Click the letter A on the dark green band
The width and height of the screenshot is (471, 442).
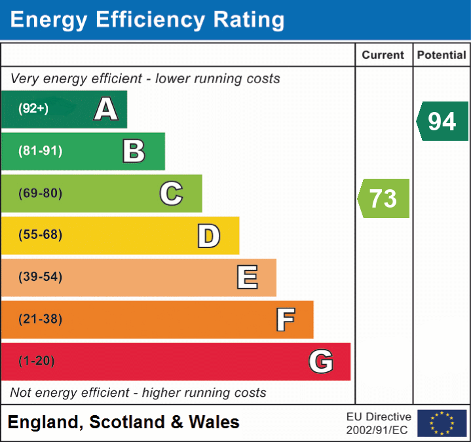tap(106, 109)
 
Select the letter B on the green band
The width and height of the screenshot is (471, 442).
tap(134, 151)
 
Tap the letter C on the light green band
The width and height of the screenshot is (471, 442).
tap(171, 193)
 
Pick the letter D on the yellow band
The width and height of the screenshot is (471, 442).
tap(208, 236)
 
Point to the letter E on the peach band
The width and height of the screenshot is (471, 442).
tap(246, 277)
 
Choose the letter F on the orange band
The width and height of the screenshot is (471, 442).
tap(284, 320)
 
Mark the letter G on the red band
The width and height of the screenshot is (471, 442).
tap(321, 361)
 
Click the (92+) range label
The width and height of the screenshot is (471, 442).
tap(33, 109)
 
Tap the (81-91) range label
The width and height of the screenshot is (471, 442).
tap(41, 151)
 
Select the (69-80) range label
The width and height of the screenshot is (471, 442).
tap(41, 193)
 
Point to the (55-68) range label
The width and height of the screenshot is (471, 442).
tap(41, 235)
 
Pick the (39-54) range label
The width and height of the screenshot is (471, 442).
tap(41, 277)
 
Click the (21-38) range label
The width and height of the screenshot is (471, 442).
tap(41, 320)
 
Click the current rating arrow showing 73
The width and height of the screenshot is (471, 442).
tap(384, 198)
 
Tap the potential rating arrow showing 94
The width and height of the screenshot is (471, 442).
tap(442, 121)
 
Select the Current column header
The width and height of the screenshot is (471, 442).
tap(384, 56)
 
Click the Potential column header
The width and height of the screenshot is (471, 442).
tap(442, 56)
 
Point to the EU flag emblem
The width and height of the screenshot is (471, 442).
tap(442, 423)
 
